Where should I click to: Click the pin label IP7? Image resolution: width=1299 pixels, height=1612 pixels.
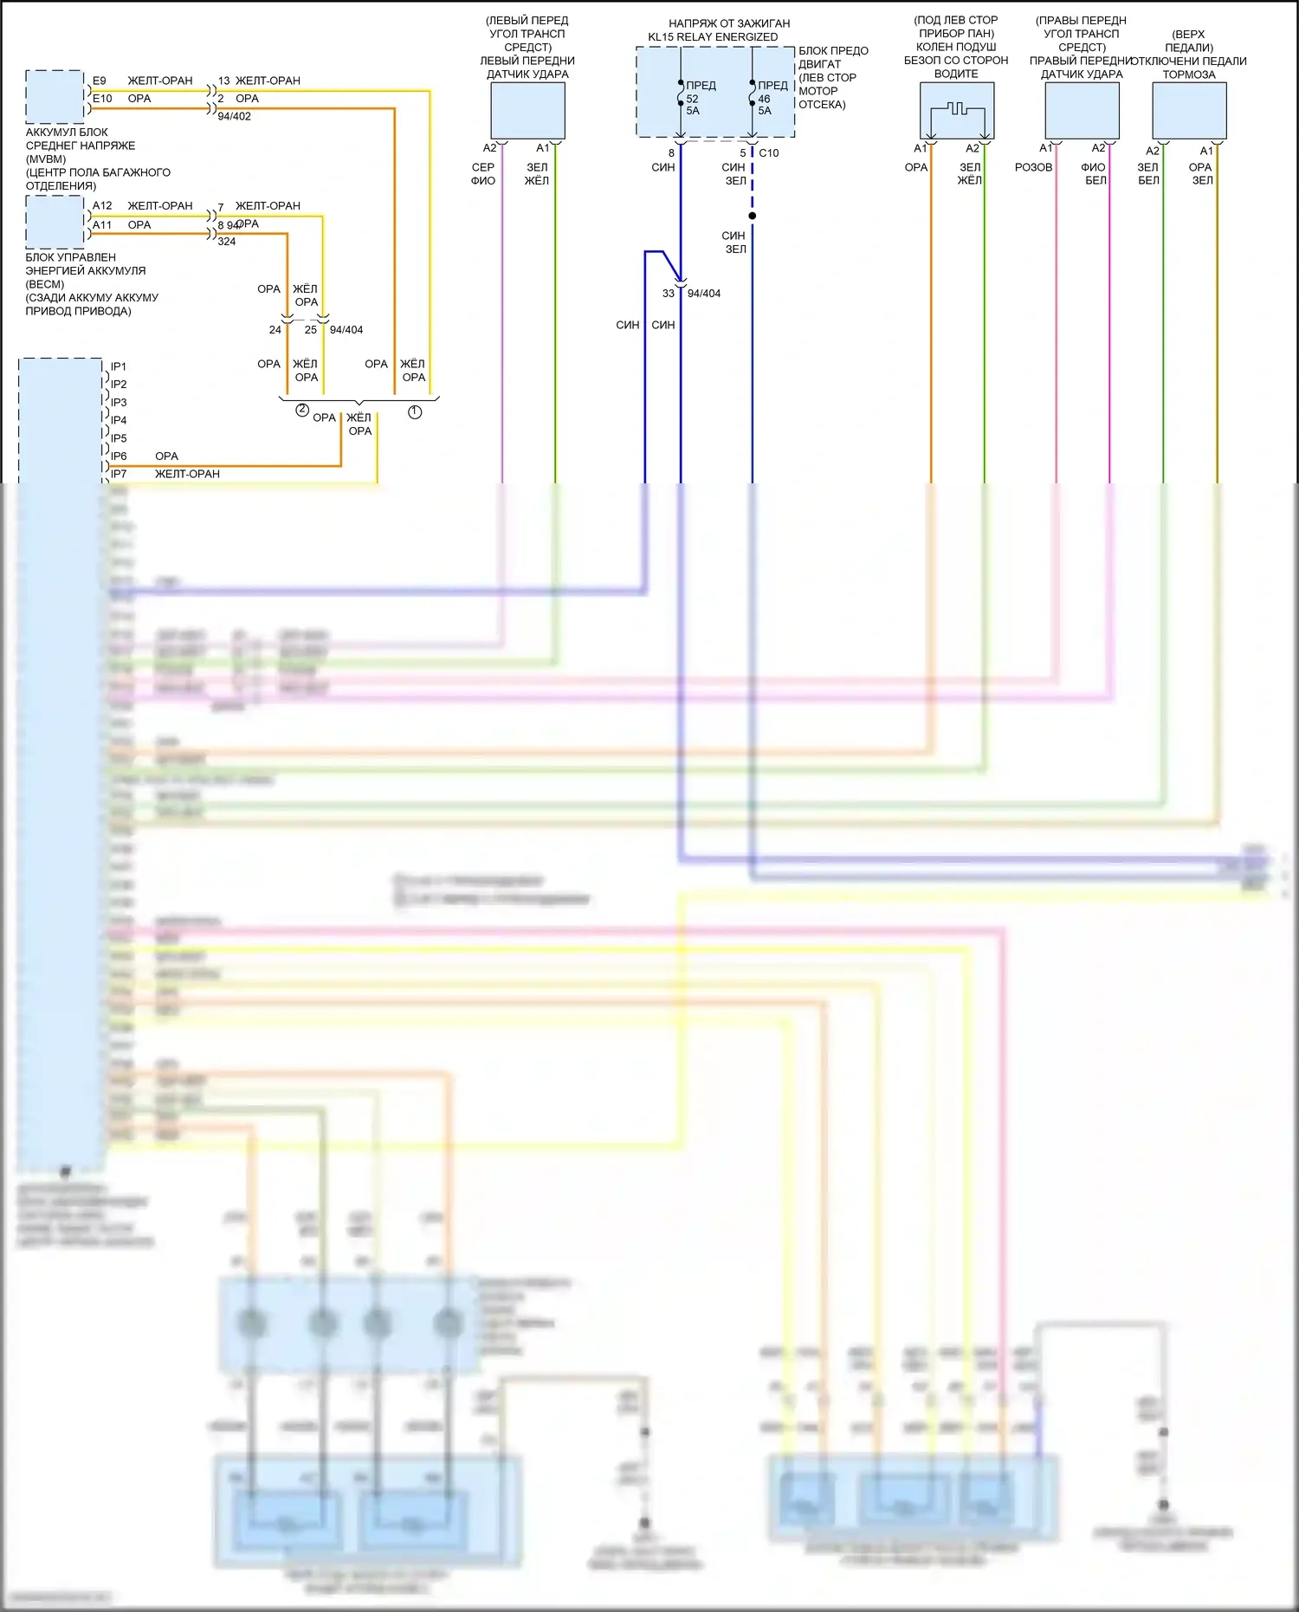point(119,474)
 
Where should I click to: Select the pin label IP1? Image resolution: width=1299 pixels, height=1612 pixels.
point(119,366)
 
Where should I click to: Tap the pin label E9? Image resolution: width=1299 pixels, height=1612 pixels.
point(100,81)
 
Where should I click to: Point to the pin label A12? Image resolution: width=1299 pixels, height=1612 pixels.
point(102,206)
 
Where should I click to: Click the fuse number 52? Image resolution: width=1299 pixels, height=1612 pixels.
point(692,99)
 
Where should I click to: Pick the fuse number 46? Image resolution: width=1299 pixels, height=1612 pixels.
point(764,99)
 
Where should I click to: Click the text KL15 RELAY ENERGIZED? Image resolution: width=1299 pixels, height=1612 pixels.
point(713,37)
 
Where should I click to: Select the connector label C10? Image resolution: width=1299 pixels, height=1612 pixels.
point(769,153)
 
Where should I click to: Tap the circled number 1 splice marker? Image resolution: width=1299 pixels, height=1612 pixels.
point(415,412)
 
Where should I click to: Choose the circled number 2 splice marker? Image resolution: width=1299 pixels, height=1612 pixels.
point(302,411)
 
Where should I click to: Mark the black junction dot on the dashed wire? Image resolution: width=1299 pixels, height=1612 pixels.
point(752,216)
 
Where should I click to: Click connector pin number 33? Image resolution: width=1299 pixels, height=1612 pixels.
point(669,294)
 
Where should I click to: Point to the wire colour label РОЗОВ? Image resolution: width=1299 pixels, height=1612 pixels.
point(1033,167)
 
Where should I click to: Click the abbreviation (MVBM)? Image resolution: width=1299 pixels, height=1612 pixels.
point(46,159)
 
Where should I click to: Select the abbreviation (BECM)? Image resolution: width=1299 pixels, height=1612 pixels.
point(45,284)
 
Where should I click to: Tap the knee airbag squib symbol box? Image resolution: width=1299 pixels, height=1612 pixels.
point(956,111)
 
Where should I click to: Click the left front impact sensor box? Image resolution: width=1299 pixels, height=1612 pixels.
point(527,111)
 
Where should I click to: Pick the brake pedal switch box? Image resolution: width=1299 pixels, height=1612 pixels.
point(1189,111)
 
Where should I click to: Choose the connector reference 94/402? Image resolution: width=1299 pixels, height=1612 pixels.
point(234,116)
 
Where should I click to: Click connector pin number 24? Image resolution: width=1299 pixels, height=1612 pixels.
point(275,330)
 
